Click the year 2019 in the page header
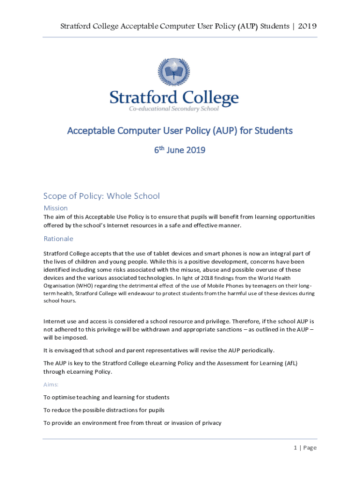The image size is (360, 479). [x=308, y=26]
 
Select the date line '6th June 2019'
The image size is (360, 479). [x=180, y=150]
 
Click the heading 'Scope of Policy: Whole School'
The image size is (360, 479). [x=101, y=196]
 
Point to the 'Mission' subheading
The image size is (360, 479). [x=56, y=208]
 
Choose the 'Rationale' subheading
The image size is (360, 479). [x=58, y=239]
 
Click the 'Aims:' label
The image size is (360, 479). [x=51, y=384]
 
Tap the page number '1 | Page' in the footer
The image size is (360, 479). [x=305, y=448]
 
